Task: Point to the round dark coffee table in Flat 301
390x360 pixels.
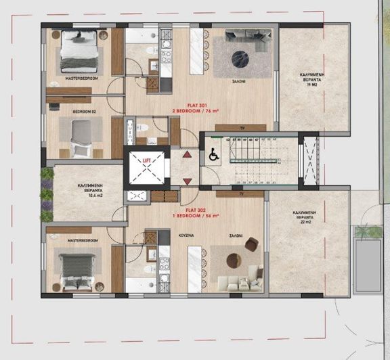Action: pos(240,58)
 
